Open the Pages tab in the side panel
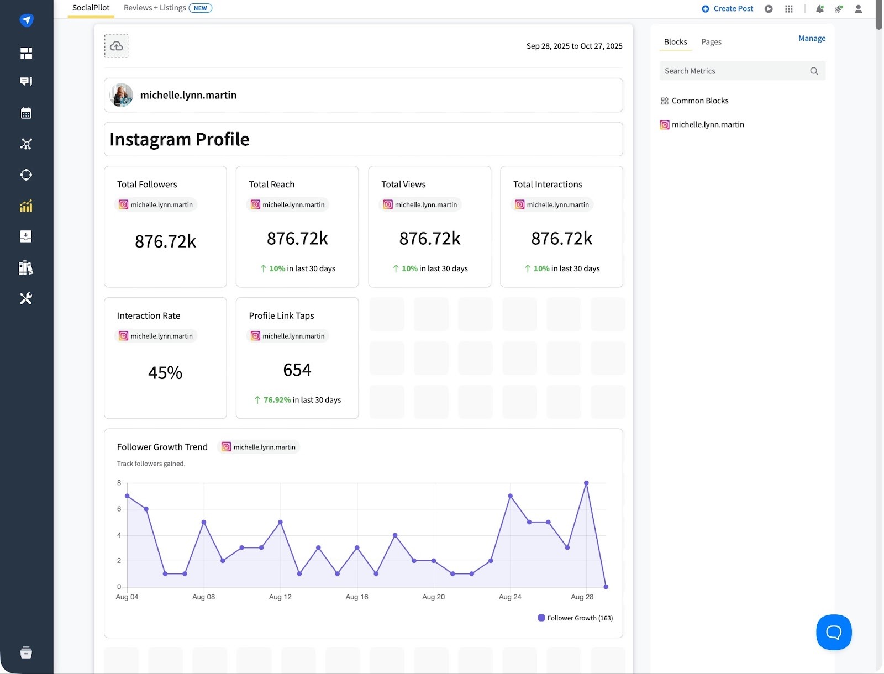point(711,42)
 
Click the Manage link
point(812,38)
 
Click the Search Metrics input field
point(735,71)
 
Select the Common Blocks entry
point(699,101)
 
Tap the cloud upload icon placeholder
point(117,46)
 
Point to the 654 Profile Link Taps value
point(297,370)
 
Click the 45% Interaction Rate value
point(165,373)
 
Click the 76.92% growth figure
point(277,400)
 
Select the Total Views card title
point(403,185)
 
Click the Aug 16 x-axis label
point(357,597)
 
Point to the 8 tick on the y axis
point(119,483)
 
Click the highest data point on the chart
point(586,483)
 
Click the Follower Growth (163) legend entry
point(576,618)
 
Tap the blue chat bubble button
point(834,632)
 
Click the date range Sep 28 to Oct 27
point(574,46)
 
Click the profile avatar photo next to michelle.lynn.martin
point(122,95)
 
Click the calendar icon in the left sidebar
point(26,113)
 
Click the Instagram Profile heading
point(180,139)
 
